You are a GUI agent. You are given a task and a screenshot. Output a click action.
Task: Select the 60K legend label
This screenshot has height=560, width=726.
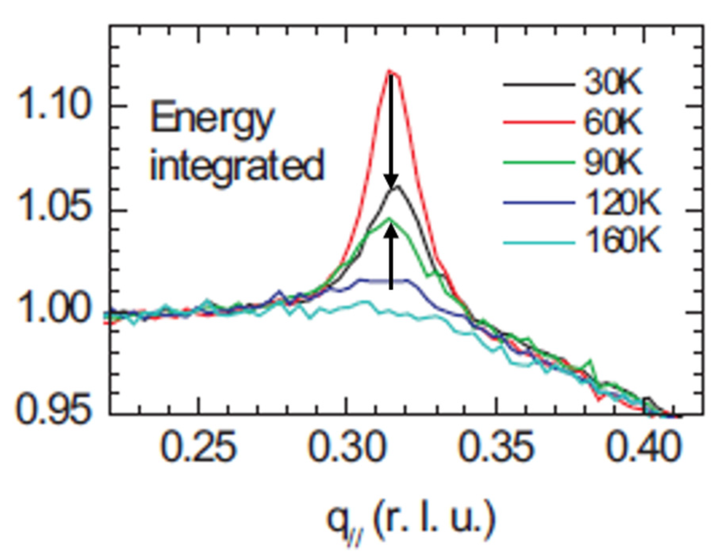[612, 123]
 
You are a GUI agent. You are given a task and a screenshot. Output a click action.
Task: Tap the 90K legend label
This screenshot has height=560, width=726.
[612, 162]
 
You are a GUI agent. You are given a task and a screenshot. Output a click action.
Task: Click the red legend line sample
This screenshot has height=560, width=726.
[539, 123]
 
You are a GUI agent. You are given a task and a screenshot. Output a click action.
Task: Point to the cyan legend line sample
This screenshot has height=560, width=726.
[539, 242]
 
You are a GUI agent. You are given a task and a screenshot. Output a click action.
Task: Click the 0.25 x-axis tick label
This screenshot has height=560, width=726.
[199, 448]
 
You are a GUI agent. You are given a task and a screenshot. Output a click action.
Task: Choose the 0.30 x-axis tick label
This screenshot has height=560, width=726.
[347, 448]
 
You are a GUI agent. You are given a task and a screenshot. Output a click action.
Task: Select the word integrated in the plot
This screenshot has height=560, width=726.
[237, 165]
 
